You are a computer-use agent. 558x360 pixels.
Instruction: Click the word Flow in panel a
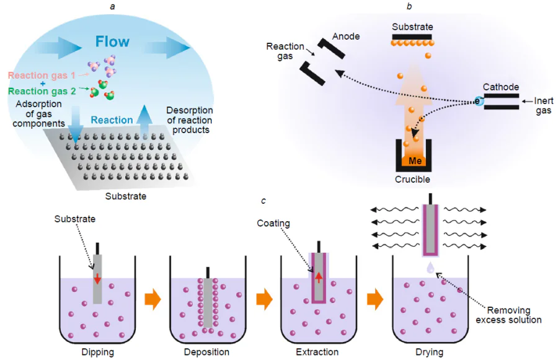112,42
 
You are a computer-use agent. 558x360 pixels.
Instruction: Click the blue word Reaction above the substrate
112,120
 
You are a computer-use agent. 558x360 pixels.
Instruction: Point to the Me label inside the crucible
415,161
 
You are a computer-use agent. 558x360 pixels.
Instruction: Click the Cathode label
501,87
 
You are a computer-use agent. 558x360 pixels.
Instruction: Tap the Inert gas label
544,106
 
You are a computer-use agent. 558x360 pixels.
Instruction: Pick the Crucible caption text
412,180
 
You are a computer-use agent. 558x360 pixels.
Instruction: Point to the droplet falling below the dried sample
430,268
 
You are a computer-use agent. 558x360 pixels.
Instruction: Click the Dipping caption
98,352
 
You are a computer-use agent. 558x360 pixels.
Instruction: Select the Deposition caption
206,352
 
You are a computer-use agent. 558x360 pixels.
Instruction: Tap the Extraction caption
317,352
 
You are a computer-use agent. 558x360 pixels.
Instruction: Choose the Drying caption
429,352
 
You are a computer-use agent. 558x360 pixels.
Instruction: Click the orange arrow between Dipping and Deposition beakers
153,299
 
